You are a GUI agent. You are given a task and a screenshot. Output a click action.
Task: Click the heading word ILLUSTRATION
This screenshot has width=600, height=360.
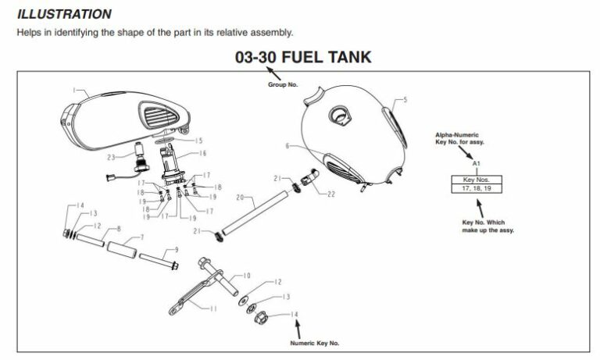[x=64, y=14]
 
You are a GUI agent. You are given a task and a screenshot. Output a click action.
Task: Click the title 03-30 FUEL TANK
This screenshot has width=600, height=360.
[x=303, y=57]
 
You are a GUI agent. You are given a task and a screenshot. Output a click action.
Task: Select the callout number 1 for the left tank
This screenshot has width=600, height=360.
[x=74, y=91]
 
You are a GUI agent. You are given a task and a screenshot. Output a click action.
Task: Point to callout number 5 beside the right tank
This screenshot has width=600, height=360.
[x=406, y=100]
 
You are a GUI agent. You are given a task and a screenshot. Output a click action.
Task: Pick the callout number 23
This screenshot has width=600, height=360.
[x=112, y=157]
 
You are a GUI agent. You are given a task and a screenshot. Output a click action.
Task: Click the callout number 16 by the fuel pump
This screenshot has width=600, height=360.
[x=203, y=154]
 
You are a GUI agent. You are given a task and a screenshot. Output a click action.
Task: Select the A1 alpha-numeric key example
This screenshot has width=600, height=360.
[x=475, y=164]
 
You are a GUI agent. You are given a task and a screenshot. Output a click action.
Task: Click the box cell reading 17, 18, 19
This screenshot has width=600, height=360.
[x=475, y=188]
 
